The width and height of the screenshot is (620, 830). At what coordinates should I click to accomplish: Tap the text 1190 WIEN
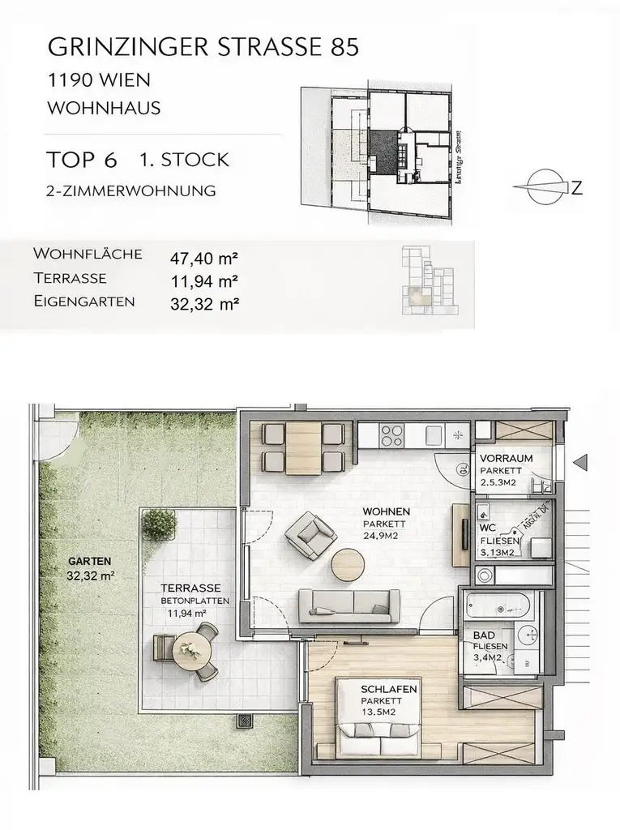(x=99, y=80)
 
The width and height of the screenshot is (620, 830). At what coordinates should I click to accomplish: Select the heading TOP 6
(x=83, y=159)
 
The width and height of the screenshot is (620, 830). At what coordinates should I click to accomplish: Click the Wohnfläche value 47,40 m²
(x=203, y=259)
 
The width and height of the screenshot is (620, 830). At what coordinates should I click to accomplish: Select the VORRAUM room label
(x=506, y=458)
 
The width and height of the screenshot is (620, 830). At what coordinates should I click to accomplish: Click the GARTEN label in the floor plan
(x=89, y=560)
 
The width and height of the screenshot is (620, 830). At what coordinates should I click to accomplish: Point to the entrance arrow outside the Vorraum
(x=579, y=463)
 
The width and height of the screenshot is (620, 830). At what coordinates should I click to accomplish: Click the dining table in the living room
(x=304, y=447)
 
